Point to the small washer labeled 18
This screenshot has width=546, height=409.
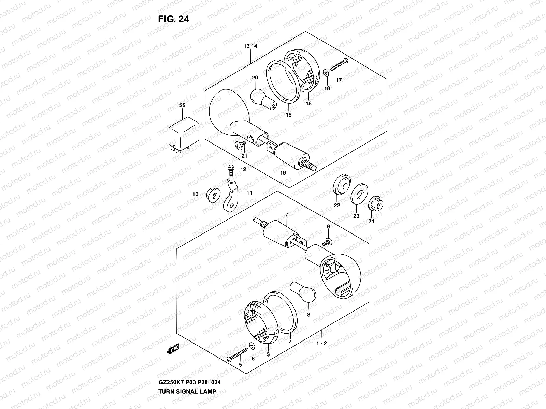click(x=326, y=73)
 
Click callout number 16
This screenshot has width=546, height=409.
click(x=289, y=115)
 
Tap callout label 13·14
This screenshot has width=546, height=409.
click(x=250, y=46)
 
